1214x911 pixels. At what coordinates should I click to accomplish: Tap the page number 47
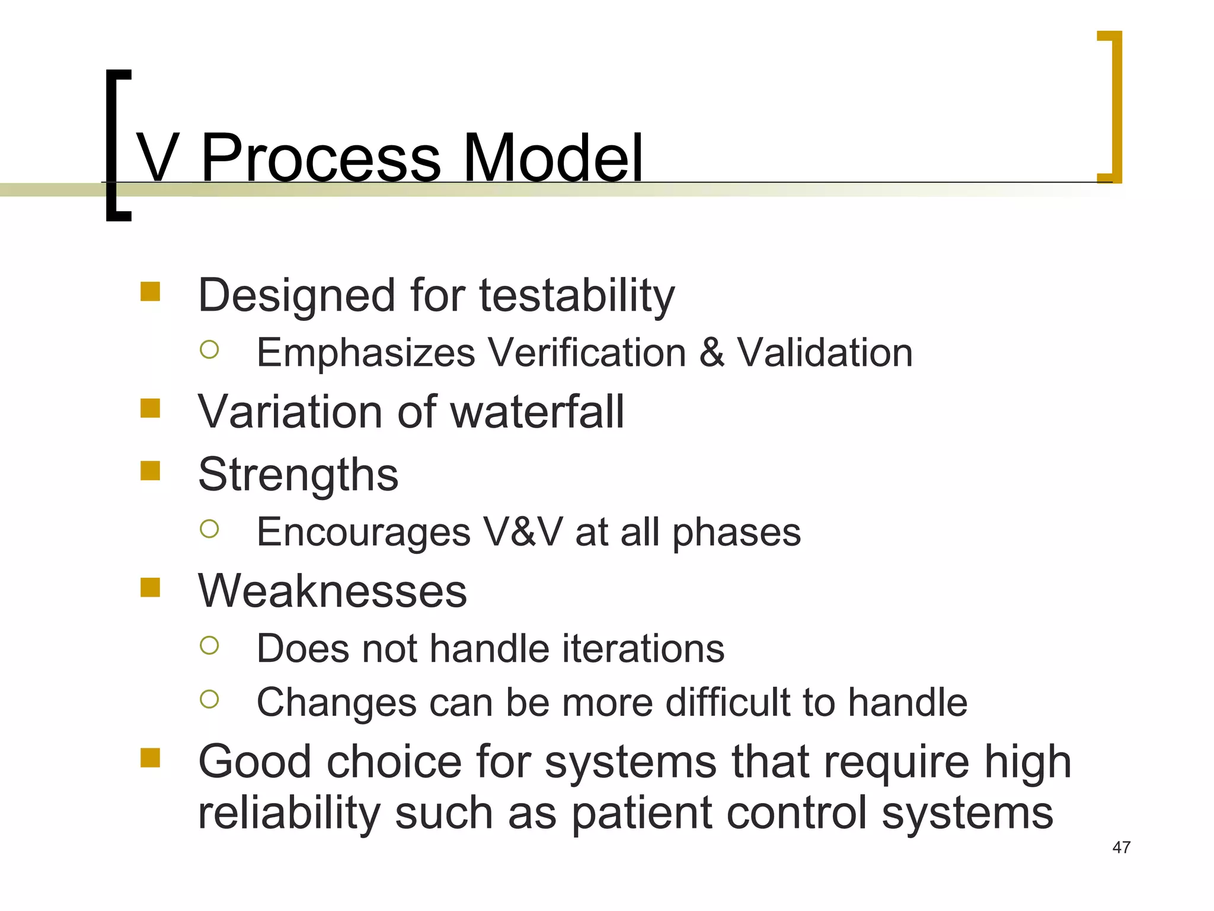pyautogui.click(x=1121, y=847)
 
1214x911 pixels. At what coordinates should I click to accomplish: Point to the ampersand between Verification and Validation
pyautogui.click(x=711, y=352)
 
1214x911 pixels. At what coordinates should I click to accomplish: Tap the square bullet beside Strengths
pyautogui.click(x=151, y=471)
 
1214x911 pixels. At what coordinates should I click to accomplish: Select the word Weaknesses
pyautogui.click(x=333, y=591)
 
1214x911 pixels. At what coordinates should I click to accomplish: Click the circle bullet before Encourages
pyautogui.click(x=209, y=528)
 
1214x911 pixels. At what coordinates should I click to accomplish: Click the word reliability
pyautogui.click(x=288, y=813)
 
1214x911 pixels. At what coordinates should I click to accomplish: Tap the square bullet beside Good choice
pyautogui.click(x=151, y=757)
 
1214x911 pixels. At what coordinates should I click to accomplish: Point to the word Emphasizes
pyautogui.click(x=366, y=352)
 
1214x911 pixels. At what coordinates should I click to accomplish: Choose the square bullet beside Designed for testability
pyautogui.click(x=151, y=291)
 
